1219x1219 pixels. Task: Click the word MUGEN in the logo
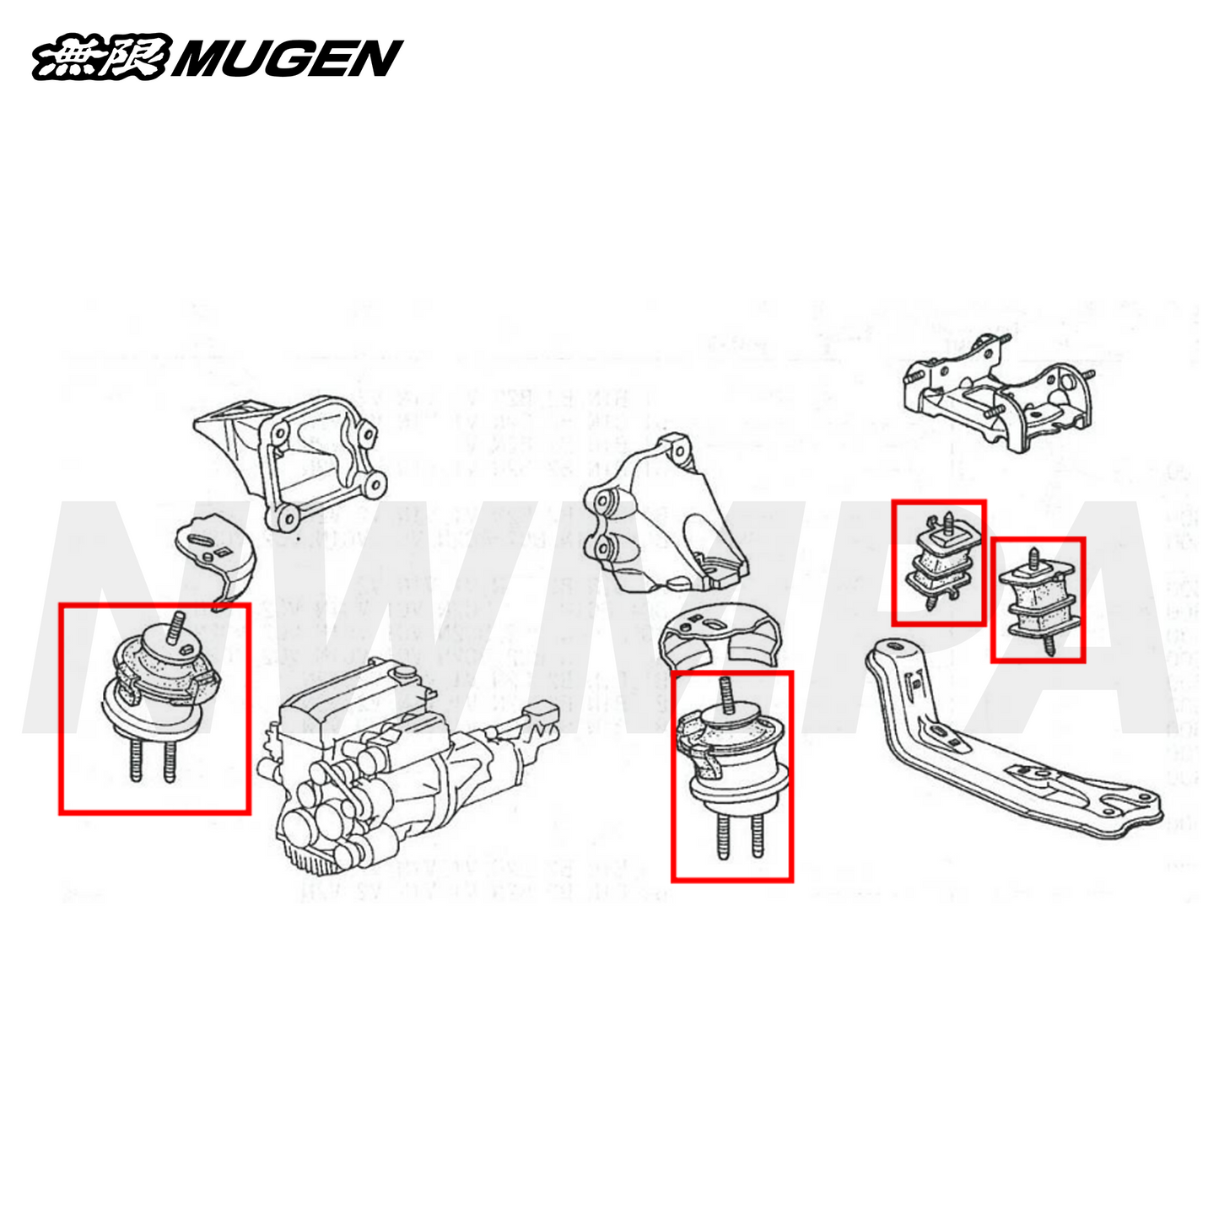[x=287, y=59]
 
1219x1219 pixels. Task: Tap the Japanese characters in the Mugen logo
[x=101, y=59]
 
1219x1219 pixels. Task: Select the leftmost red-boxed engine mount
[x=156, y=692]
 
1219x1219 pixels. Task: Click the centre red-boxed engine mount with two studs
[x=732, y=759]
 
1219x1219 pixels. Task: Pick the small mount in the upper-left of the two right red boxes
[x=939, y=561]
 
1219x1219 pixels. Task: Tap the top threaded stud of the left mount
[x=178, y=628]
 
